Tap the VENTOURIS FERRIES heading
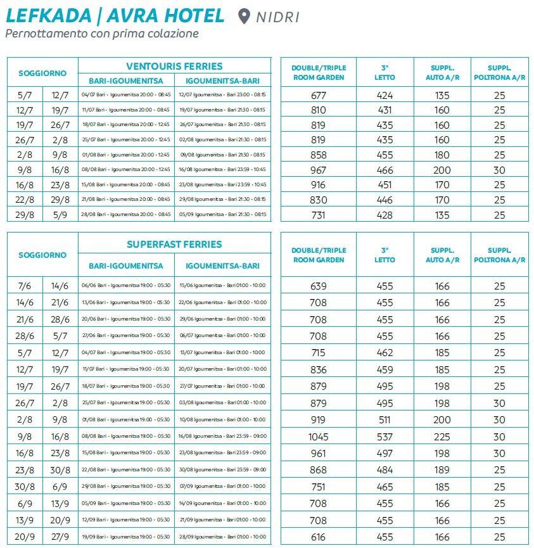pyautogui.click(x=174, y=66)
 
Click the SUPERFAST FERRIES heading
pyautogui.click(x=174, y=244)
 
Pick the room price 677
pyautogui.click(x=319, y=96)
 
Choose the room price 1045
pyautogui.click(x=319, y=436)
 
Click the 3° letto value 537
pyautogui.click(x=385, y=436)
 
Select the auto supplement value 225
pyautogui.click(x=442, y=436)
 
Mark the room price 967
pyautogui.click(x=319, y=170)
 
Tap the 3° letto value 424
pyautogui.click(x=385, y=96)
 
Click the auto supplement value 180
pyautogui.click(x=442, y=155)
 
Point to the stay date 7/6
pyautogui.click(x=25, y=286)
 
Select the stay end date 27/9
pyautogui.click(x=60, y=537)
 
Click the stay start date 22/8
pyautogui.click(x=25, y=200)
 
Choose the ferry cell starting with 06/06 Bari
pyautogui.click(x=126, y=286)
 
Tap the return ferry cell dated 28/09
pyautogui.click(x=222, y=537)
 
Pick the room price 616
pyautogui.click(x=319, y=537)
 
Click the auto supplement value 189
pyautogui.click(x=442, y=470)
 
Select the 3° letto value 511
pyautogui.click(x=385, y=420)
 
